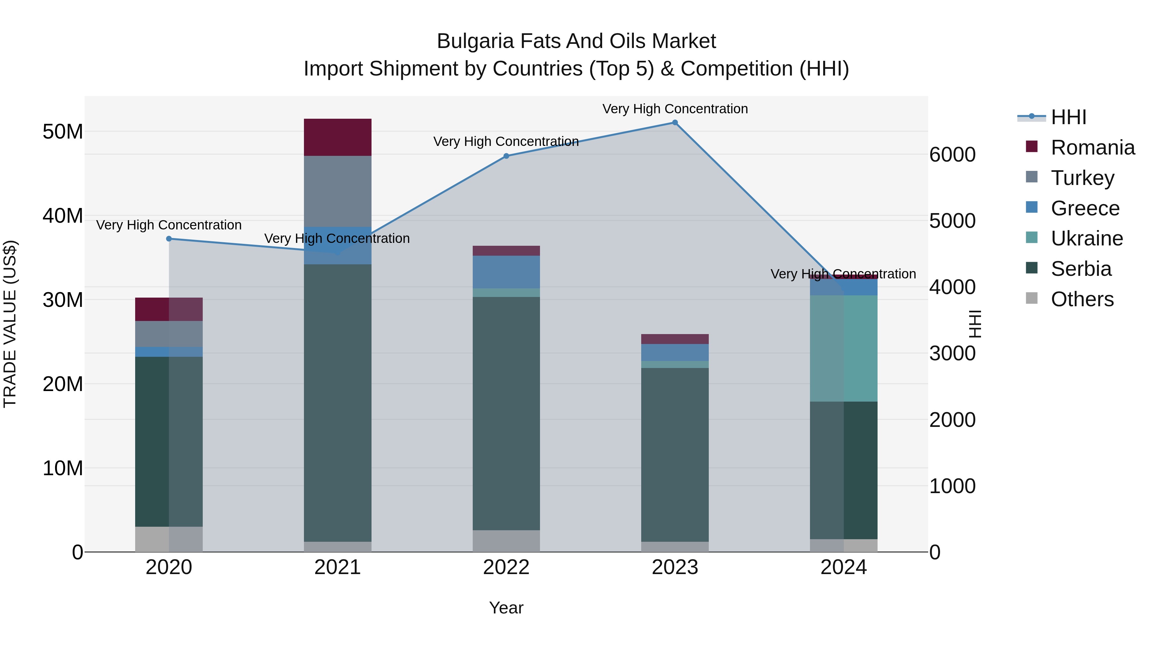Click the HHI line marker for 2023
tap(675, 123)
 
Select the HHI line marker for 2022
tap(506, 156)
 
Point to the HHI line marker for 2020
tap(169, 239)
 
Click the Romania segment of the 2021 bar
tap(338, 137)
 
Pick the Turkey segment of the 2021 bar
tap(338, 191)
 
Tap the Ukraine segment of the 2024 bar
tap(844, 348)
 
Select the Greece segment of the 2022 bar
tap(506, 272)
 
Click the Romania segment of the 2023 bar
tap(675, 339)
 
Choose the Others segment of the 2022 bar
tap(506, 541)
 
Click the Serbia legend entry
tap(1081, 269)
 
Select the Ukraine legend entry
tap(1087, 239)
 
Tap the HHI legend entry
tap(1068, 117)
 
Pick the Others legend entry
tap(1082, 300)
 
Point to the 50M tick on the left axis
tap(63, 132)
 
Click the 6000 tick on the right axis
tap(953, 155)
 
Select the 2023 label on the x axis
tap(675, 567)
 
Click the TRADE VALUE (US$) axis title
tap(10, 324)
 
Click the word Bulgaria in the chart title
tap(475, 41)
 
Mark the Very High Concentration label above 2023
tap(675, 109)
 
